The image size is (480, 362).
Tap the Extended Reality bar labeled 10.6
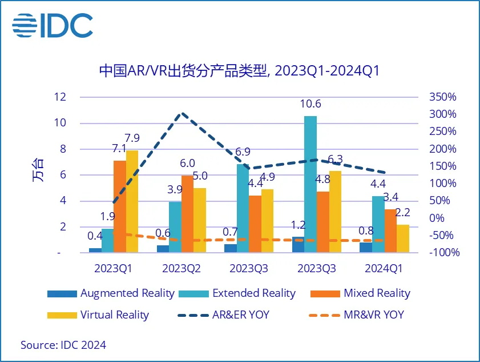tap(310, 183)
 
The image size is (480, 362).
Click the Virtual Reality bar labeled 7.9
tap(132, 201)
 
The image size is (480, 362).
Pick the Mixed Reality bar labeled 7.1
tap(119, 206)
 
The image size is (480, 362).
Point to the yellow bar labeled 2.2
tap(403, 238)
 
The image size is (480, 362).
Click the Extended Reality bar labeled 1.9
tap(107, 240)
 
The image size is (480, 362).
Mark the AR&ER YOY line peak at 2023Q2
tap(181, 114)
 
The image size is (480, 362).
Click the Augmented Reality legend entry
tap(111, 293)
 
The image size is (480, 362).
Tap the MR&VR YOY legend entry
tap(356, 315)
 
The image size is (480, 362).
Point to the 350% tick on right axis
tap(442, 97)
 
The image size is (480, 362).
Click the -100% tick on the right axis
tap(442, 253)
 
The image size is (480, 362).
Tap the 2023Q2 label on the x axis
tap(181, 268)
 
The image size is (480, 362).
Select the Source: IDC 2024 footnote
tap(63, 345)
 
